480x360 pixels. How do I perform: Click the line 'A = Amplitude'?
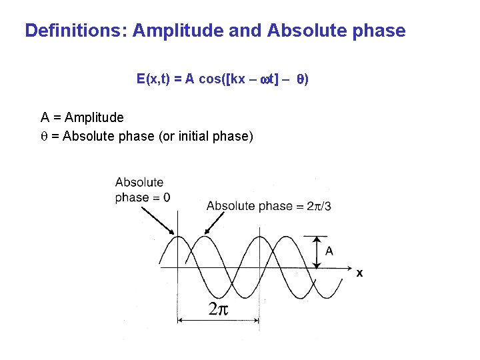pos(82,118)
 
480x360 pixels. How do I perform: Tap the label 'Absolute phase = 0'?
pos(142,190)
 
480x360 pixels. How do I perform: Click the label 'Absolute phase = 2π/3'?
pos(269,206)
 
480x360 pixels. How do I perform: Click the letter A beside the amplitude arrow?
pos(329,251)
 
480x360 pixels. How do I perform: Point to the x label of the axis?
pos(359,273)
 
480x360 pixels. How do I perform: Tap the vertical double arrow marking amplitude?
pos(317,252)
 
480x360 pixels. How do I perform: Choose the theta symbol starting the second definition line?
pos(44,137)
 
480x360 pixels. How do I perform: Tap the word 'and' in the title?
pos(247,31)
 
